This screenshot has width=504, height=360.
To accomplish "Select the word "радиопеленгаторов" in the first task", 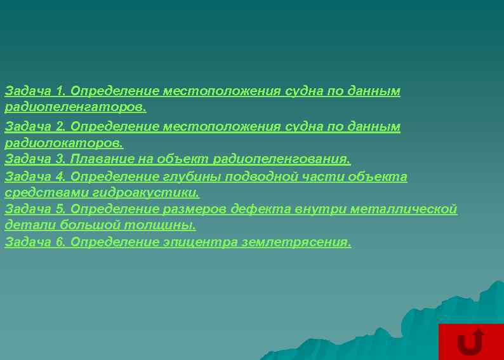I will pos(75,107).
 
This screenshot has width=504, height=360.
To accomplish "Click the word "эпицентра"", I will pos(206,243).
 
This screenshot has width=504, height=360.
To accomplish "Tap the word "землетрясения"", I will pos(296,243).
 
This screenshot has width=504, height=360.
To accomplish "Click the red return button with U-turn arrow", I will pos(470,342).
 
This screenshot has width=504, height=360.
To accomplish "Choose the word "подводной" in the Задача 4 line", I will pos(259,177).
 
